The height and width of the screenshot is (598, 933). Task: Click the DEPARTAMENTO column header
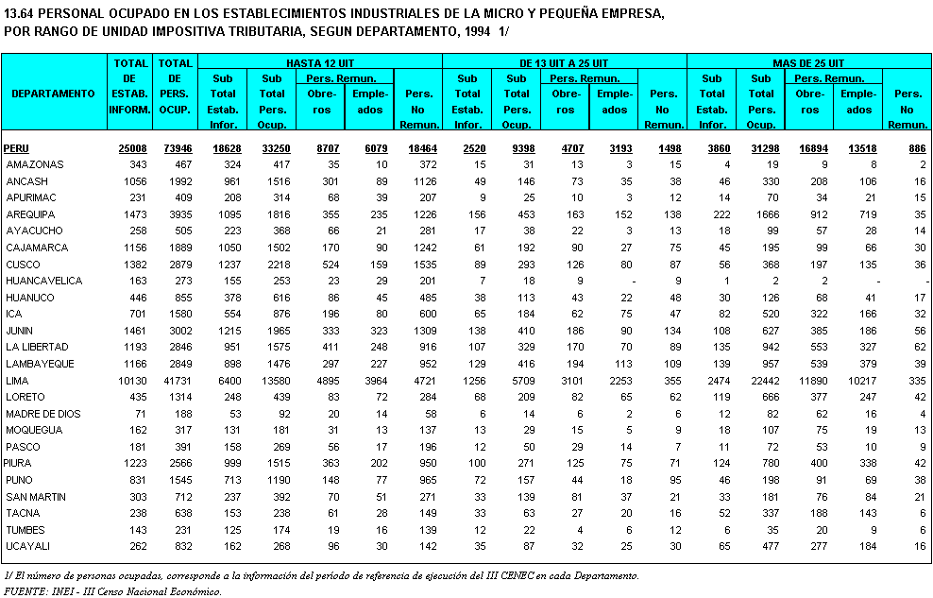point(54,94)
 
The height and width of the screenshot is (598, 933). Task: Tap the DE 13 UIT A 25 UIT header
point(564,61)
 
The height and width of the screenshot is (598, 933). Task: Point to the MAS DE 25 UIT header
point(808,61)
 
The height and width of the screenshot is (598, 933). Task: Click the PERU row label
point(16,148)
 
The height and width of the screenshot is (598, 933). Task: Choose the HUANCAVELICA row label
point(43,281)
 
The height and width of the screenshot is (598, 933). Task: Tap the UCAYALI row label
point(27,546)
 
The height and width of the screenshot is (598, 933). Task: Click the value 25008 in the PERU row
point(133,148)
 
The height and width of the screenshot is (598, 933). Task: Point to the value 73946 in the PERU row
point(178,148)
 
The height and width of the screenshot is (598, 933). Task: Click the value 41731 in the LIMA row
point(178,381)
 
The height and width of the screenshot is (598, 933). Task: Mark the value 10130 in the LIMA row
point(133,381)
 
